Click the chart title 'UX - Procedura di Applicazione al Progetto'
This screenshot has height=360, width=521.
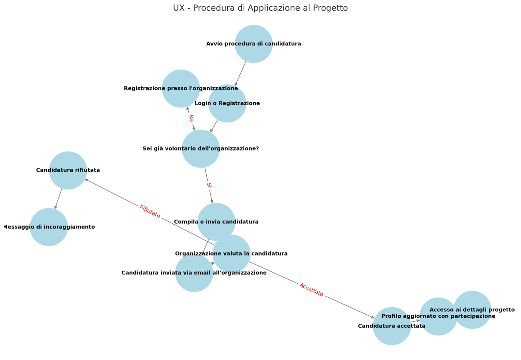[x=260, y=8]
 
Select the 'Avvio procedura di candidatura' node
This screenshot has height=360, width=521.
[x=254, y=44]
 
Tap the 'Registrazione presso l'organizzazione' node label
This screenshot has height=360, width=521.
[x=181, y=88]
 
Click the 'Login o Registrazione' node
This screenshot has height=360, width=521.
[x=227, y=103]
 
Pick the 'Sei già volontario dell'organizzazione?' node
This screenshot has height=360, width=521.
[x=201, y=149]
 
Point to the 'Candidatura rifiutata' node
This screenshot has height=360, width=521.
[x=68, y=170]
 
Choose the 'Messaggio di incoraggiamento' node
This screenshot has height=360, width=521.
[x=49, y=227]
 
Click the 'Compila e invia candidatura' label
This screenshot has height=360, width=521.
[x=216, y=222]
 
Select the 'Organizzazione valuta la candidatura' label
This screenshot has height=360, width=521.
[x=231, y=254]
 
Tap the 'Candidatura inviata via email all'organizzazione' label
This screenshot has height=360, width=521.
[x=194, y=273]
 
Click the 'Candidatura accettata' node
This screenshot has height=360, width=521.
[x=392, y=326]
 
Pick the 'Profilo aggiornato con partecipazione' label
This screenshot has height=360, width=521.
[x=438, y=316]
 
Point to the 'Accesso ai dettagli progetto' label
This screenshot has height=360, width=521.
[x=472, y=310]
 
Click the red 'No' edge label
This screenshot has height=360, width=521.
[x=191, y=118]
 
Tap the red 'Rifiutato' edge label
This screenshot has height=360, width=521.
[x=150, y=212]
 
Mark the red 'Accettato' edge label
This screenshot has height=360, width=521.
[x=311, y=290]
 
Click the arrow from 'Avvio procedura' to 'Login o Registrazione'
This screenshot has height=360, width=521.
[x=240, y=74]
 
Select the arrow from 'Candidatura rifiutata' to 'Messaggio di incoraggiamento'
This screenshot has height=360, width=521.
[x=58, y=199]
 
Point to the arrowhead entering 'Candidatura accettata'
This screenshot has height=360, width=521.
[x=373, y=317]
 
